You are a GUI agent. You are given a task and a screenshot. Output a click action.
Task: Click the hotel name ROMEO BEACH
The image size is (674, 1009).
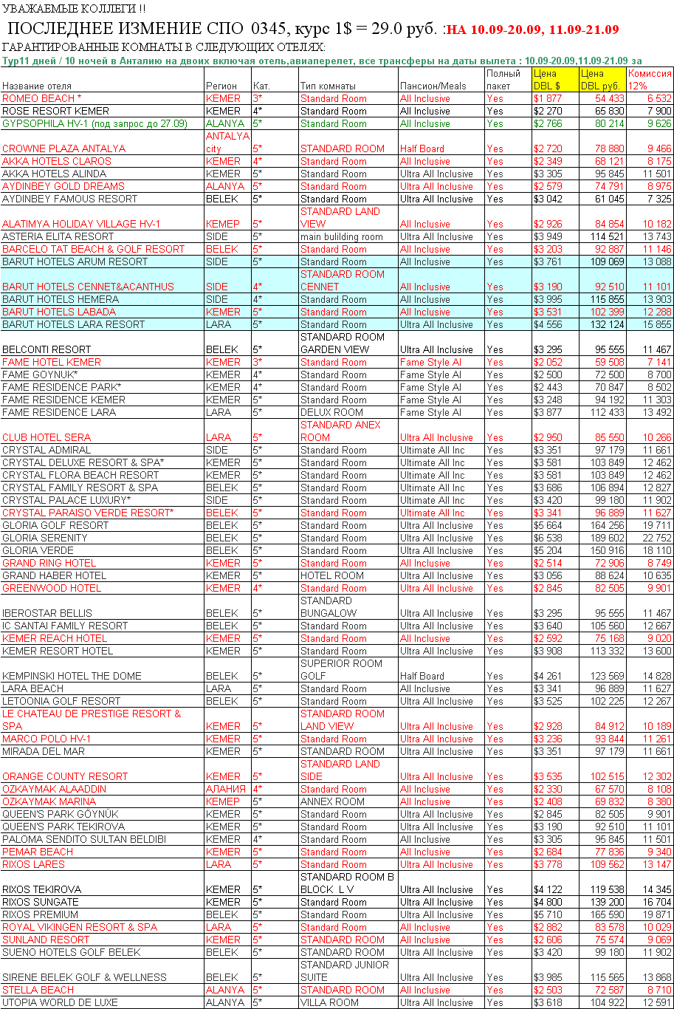click(x=38, y=98)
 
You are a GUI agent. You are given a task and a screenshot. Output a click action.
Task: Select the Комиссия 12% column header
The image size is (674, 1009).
click(x=649, y=79)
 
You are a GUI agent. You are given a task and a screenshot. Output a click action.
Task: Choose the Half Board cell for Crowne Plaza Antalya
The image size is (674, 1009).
click(x=422, y=148)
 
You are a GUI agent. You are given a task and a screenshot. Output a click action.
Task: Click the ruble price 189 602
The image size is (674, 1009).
click(x=606, y=538)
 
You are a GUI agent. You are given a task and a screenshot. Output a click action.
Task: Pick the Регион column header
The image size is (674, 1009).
click(x=221, y=86)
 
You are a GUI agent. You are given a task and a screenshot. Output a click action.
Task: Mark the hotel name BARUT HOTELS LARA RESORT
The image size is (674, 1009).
click(x=74, y=324)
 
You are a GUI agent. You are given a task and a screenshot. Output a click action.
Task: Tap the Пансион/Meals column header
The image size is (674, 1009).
click(x=433, y=86)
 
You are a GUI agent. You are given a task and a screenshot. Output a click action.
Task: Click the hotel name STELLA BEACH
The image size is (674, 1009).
click(x=38, y=990)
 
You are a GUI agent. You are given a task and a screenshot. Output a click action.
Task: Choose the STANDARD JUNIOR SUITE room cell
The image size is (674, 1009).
click(x=344, y=971)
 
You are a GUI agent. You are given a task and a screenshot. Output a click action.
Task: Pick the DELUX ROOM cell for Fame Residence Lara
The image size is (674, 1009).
click(x=331, y=412)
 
